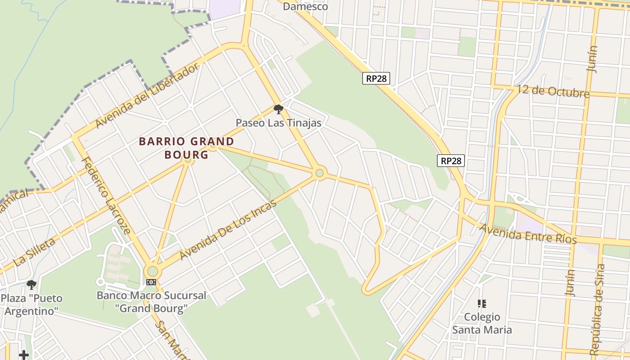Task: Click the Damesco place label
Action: coord(306,6)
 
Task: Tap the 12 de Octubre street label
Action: coord(553,91)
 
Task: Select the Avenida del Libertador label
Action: coord(147,95)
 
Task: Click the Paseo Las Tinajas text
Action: coord(279,122)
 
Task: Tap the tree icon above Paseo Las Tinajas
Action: coord(279,109)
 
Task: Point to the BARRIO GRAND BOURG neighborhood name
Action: coord(186,148)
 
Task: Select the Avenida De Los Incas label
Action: coord(228,230)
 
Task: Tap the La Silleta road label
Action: coord(35,252)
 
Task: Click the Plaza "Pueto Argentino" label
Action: coord(31,304)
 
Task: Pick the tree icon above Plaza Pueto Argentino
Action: coord(31,284)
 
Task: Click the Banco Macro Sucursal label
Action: coord(151,302)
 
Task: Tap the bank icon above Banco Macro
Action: coord(151,282)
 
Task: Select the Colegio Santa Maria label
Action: coord(481,323)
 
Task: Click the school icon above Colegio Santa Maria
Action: coord(481,304)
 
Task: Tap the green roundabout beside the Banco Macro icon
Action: coord(153,271)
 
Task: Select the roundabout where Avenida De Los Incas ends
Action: coord(319,173)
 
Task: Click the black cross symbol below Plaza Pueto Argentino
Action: coord(24,355)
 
